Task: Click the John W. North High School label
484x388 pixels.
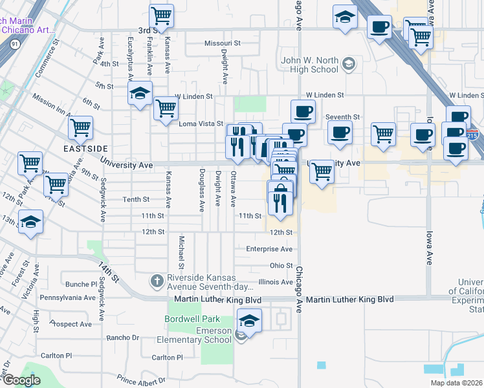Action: [x=309, y=65]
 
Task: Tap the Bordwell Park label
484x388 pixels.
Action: [x=192, y=319]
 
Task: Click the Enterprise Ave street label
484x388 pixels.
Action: [x=269, y=249]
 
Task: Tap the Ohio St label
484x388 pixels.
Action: [x=281, y=266]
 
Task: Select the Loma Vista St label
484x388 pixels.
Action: [x=201, y=124]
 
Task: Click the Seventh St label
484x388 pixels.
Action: [x=342, y=117]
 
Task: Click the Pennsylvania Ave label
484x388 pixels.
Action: [x=67, y=298]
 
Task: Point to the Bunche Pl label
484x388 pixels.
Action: [x=81, y=284]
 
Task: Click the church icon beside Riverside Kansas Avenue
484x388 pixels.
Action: [x=156, y=281]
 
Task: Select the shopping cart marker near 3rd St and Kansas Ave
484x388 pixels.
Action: [x=162, y=15]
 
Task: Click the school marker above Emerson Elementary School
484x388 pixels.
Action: [x=248, y=320]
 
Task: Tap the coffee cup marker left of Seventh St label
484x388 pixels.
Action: [x=303, y=112]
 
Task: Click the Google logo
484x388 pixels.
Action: [x=21, y=381]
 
